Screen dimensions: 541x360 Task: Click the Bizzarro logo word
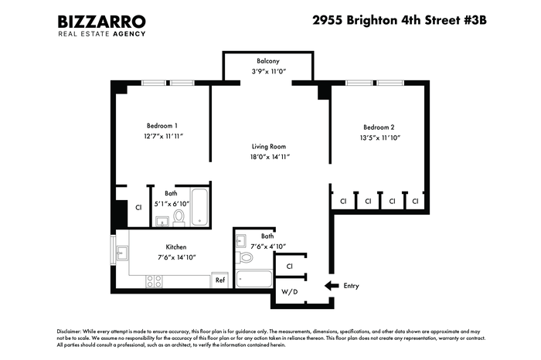[101, 22]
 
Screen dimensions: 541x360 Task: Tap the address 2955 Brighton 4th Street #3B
[400, 20]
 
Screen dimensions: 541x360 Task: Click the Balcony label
[268, 61]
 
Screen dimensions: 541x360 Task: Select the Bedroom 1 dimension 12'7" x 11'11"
[164, 136]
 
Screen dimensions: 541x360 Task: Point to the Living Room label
[269, 147]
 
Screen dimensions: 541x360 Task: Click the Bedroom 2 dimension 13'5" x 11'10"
[379, 138]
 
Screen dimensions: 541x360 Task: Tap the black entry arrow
[332, 286]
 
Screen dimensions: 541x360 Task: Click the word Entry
[351, 286]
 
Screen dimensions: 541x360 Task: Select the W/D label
[290, 292]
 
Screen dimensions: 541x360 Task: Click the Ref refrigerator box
[219, 280]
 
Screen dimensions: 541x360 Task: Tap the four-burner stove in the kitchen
[155, 281]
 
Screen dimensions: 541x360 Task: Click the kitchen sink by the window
[122, 253]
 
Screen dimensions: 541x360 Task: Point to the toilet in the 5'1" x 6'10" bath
[179, 218]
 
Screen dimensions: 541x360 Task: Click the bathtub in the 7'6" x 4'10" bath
[254, 279]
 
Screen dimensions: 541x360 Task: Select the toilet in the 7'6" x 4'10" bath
[244, 257]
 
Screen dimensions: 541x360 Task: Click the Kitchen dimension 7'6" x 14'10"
[177, 257]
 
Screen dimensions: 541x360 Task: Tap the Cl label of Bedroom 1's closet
[138, 208]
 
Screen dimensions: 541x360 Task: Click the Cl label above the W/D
[290, 267]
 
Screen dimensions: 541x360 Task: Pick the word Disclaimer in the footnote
[70, 331]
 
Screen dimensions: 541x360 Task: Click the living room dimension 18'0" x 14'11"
[270, 157]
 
